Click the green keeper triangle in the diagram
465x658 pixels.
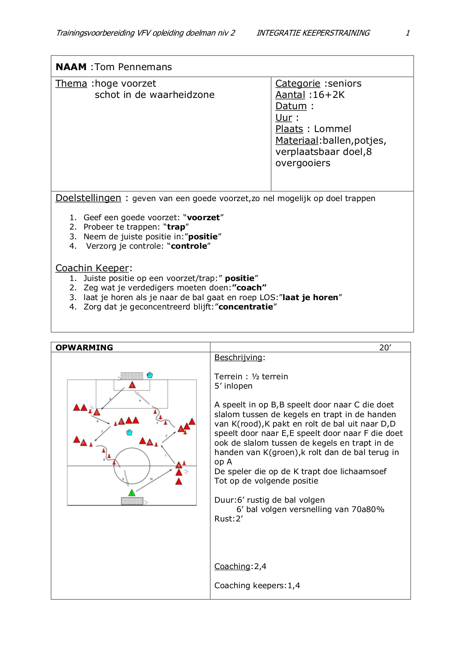click(x=132, y=493)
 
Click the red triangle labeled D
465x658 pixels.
click(x=97, y=412)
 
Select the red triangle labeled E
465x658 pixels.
click(x=121, y=421)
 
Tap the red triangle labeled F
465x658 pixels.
click(x=83, y=443)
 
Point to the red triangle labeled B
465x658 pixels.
click(x=150, y=442)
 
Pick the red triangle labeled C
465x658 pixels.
click(x=181, y=428)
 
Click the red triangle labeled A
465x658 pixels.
click(x=179, y=465)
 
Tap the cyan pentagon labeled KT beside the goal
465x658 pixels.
click(x=150, y=375)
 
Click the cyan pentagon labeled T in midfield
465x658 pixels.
click(x=129, y=432)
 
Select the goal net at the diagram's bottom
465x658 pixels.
click(x=132, y=501)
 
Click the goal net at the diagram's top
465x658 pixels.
click(x=132, y=376)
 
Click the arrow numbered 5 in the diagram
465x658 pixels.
click(x=112, y=398)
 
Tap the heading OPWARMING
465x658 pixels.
click(x=84, y=347)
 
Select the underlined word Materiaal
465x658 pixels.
click(x=297, y=140)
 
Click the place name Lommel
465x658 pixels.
click(x=332, y=129)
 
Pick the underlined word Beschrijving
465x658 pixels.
click(x=238, y=358)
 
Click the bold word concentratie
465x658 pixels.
click(x=246, y=307)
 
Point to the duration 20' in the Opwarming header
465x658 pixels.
click(x=385, y=347)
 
